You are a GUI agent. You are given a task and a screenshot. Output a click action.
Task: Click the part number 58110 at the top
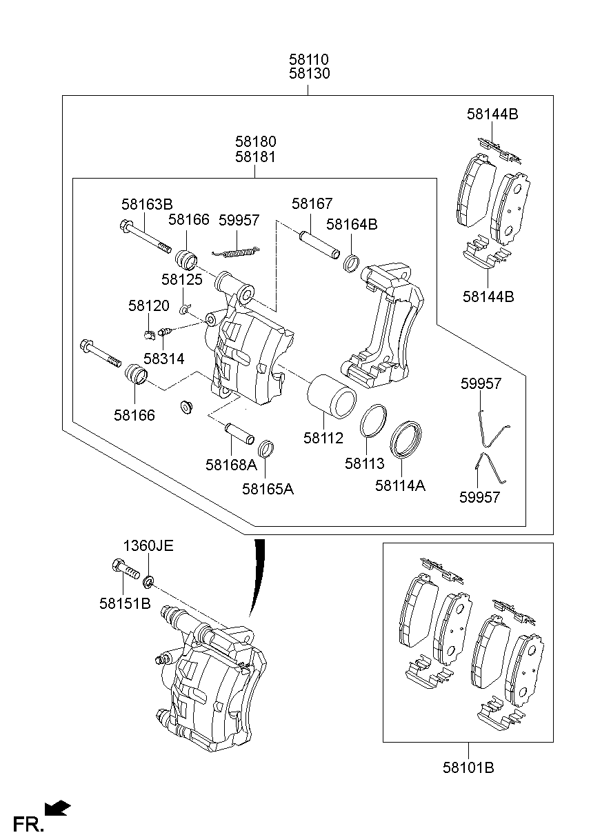[x=309, y=60]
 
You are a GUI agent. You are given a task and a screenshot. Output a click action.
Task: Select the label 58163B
[x=147, y=204]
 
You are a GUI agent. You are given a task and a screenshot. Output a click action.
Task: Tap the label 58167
[x=312, y=204]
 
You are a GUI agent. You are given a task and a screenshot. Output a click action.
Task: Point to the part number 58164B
[x=352, y=225]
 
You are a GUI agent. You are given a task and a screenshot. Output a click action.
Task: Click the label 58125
[x=182, y=279]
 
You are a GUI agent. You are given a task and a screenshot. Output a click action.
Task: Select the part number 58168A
[x=231, y=465]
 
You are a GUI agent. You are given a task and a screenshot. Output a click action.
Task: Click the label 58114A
[x=400, y=485]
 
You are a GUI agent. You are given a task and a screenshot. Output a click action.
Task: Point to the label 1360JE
[x=148, y=546]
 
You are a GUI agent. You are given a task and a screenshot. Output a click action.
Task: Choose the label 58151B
[x=125, y=603]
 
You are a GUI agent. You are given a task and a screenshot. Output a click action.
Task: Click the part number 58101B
[x=468, y=767]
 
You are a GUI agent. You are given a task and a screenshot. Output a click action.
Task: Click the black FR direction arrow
[x=57, y=807]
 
